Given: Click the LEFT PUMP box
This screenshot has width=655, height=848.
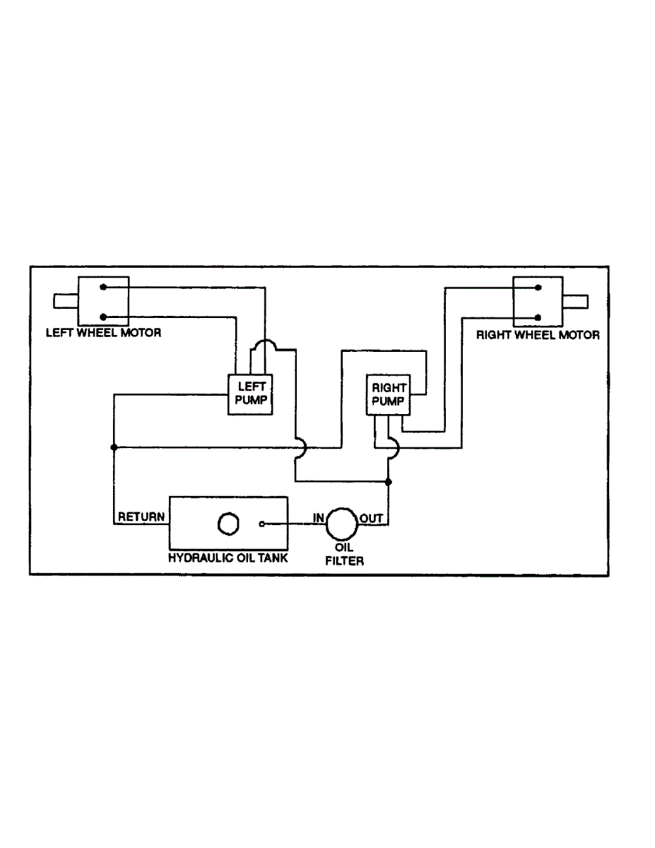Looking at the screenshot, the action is click(x=250, y=393).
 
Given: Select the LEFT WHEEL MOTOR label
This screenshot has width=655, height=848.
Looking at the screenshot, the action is click(x=103, y=332).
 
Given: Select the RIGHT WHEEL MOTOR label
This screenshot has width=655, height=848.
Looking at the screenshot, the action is click(x=538, y=335).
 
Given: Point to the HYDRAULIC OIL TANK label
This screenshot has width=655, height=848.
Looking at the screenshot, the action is click(x=228, y=557).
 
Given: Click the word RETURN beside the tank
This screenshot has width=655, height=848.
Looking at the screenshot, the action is click(x=141, y=517).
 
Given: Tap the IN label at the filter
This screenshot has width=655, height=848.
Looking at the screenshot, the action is click(x=319, y=518).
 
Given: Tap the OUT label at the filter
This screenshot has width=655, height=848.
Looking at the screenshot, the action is click(x=372, y=518).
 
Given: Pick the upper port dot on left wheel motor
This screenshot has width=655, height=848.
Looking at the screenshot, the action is click(x=103, y=288).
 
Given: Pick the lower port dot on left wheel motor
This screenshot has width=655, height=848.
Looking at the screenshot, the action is click(x=103, y=317).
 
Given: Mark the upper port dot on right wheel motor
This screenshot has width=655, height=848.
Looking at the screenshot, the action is click(x=538, y=288).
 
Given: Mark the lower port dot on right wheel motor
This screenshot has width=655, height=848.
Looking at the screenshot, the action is click(x=538, y=317).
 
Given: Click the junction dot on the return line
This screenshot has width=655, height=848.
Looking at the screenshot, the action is click(x=114, y=447).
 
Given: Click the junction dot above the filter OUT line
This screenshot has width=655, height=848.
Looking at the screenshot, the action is click(x=388, y=482).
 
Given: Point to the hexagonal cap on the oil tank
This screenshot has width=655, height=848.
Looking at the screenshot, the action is click(x=228, y=524).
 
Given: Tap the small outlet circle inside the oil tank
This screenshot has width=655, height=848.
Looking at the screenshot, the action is click(x=262, y=524).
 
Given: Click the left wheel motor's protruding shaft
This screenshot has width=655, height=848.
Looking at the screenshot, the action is click(x=66, y=302).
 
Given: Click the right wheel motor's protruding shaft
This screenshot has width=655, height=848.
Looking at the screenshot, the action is click(x=576, y=302).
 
